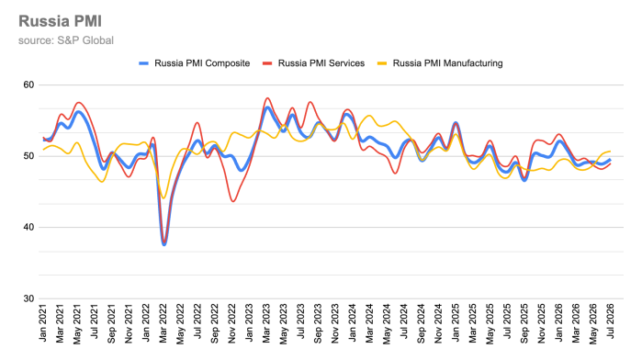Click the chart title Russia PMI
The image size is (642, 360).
(x=61, y=21)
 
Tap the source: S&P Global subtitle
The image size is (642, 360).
(x=66, y=40)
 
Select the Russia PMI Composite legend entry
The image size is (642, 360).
(x=194, y=63)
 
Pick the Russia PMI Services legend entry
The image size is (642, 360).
(x=313, y=63)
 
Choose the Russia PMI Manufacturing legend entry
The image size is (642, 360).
(x=440, y=63)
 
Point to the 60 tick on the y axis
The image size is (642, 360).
(x=28, y=84)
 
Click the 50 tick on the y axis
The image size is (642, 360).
(x=28, y=156)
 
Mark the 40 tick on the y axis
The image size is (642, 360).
(x=28, y=228)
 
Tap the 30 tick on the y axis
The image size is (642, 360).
(x=28, y=298)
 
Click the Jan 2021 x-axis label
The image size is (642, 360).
(x=43, y=322)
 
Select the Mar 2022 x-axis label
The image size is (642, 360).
(x=163, y=323)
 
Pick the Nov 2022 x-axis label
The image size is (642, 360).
(x=232, y=323)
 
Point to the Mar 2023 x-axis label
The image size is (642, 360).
(x=266, y=323)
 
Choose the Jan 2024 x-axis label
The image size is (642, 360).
(x=353, y=322)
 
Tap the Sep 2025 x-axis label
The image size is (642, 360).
(x=524, y=323)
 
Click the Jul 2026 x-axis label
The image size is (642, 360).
(x=611, y=321)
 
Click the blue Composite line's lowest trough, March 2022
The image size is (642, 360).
(x=164, y=244)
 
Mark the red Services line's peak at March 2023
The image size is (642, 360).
(x=267, y=98)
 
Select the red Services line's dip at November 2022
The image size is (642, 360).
(x=233, y=201)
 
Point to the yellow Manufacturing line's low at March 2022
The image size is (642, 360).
(x=163, y=198)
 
